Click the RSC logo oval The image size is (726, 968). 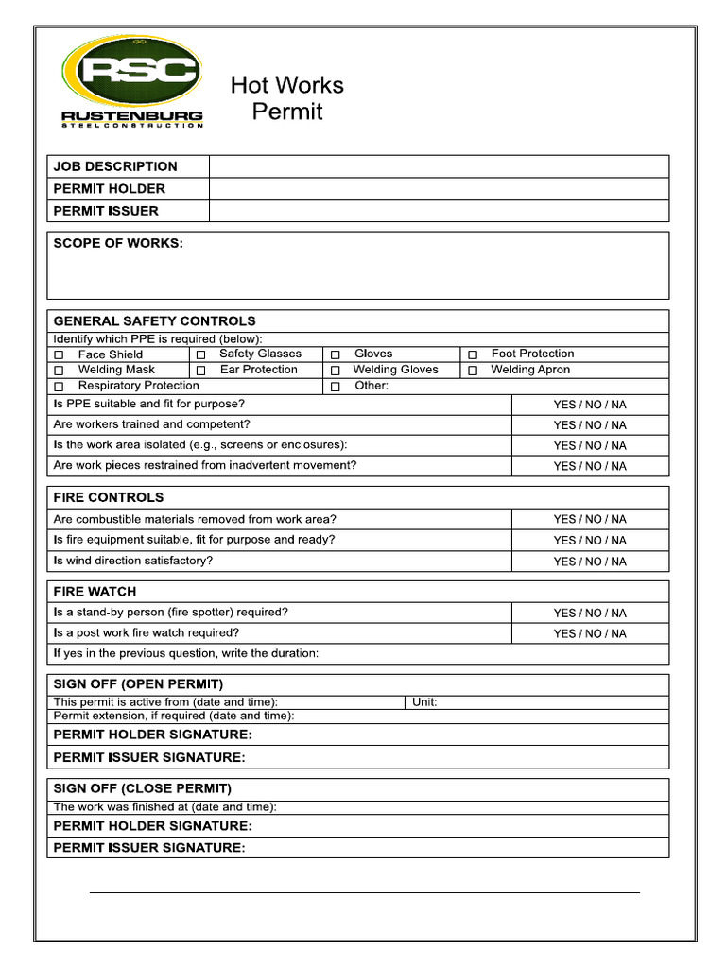132,72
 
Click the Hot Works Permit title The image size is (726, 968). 286,98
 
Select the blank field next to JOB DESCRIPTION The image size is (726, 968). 439,166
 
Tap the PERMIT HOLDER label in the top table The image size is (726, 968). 109,188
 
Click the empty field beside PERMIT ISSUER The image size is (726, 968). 439,211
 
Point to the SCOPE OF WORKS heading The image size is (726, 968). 118,243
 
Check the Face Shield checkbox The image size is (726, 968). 59,355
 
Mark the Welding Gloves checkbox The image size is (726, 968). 335,371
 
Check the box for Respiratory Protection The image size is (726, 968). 59,387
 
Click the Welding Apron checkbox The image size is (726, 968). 473,371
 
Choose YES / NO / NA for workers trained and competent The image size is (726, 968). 590,425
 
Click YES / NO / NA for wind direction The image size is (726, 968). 590,562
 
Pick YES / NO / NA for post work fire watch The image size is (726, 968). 590,634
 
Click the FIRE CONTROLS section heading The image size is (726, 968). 108,497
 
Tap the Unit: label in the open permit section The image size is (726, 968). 424,702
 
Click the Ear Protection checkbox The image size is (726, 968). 200,371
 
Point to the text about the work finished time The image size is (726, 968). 164,807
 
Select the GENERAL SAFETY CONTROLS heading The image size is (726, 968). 154,321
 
